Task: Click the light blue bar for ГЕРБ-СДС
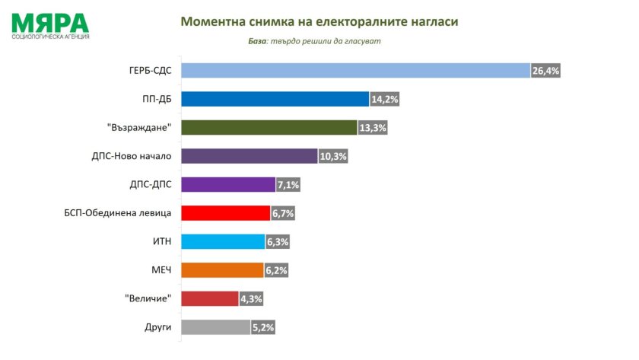click(x=355, y=70)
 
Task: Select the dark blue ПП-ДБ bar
click(x=275, y=99)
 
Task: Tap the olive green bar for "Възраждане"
click(x=269, y=127)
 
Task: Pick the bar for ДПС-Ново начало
click(x=249, y=156)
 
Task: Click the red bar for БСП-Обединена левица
click(x=225, y=213)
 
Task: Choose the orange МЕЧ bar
click(x=221, y=270)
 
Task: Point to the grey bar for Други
click(x=217, y=327)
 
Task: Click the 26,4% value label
click(x=545, y=71)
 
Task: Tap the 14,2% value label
click(x=385, y=99)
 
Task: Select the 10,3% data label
click(x=332, y=156)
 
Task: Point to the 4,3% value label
click(x=252, y=299)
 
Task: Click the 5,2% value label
click(x=262, y=327)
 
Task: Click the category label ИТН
click(x=162, y=242)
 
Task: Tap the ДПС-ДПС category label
click(x=151, y=185)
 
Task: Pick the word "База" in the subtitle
click(x=259, y=41)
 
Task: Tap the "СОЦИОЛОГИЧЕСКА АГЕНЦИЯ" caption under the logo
click(x=51, y=37)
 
